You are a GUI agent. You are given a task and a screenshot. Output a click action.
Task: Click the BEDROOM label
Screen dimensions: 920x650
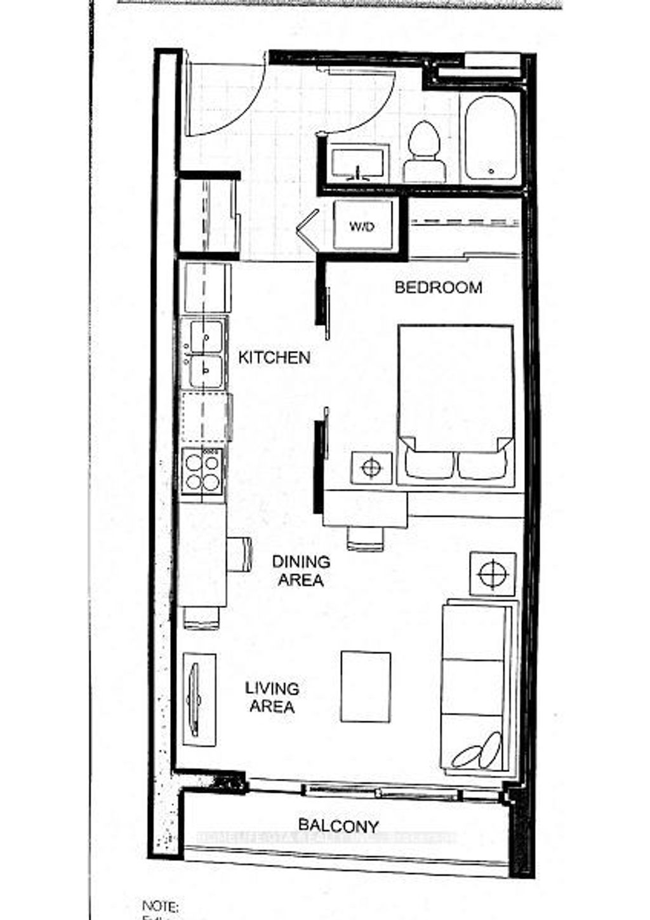click(x=438, y=288)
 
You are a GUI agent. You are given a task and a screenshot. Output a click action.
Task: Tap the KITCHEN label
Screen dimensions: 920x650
click(x=274, y=357)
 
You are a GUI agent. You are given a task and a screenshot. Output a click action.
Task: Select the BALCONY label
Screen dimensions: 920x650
click(x=338, y=826)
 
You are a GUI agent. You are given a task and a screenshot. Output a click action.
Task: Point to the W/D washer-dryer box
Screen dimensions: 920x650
click(x=363, y=227)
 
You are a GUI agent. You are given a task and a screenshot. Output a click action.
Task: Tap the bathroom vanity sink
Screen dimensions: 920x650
click(x=359, y=164)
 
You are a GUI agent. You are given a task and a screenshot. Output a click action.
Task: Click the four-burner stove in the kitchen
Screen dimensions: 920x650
click(x=202, y=470)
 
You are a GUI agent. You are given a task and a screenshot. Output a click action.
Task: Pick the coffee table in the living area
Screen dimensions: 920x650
click(x=366, y=686)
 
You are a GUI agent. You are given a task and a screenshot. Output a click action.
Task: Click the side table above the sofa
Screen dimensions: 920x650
click(x=493, y=573)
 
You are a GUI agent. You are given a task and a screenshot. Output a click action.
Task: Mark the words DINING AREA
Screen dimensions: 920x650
click(x=302, y=570)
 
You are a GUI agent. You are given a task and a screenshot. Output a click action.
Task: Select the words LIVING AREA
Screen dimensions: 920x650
click(x=272, y=697)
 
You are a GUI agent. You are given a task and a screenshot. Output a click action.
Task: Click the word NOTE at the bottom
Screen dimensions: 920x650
click(x=160, y=906)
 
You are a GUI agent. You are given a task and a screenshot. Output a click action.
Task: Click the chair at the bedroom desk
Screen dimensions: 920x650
click(x=366, y=538)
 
